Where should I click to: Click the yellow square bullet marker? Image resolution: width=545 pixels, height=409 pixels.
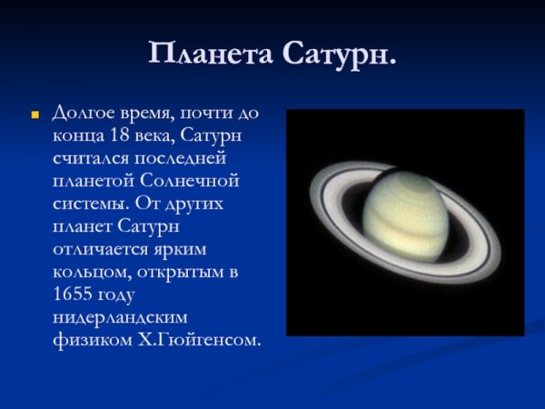point(35,116)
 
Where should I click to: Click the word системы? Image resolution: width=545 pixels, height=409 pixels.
point(89,204)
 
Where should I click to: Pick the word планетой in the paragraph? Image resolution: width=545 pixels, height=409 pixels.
point(94,181)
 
